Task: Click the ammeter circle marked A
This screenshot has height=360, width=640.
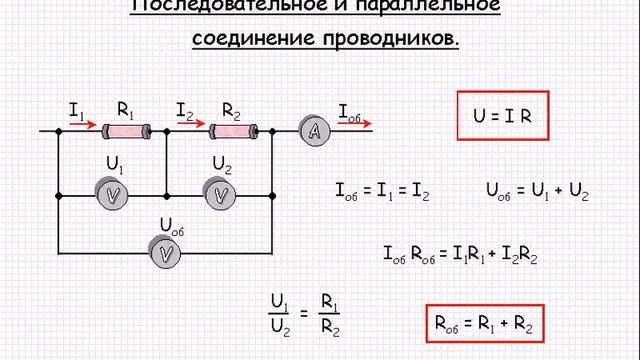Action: pos(314,130)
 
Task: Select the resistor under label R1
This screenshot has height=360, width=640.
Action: pos(127,130)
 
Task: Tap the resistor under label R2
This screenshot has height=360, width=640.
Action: pos(233,130)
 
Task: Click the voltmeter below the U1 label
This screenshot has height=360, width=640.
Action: pos(115,195)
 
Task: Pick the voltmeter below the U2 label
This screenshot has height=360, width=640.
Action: pos(221,195)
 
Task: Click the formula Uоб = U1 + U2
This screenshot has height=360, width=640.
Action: pos(536,193)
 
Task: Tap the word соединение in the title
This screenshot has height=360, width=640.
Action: pos(253,40)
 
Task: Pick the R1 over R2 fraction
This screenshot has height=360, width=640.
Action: pos(330,312)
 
